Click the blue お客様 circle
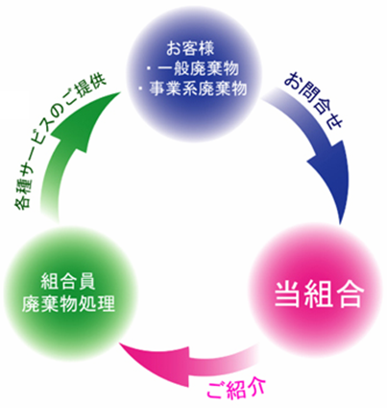point(194,73)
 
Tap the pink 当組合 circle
point(315,291)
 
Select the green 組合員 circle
point(69,291)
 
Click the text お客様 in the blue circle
point(190,49)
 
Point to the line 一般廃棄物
point(199,69)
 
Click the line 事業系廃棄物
point(198,89)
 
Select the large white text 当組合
point(319,294)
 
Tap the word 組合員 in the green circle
point(68,283)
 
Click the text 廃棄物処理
point(68,303)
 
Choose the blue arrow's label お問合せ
point(314,100)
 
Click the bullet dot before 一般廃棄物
point(149,68)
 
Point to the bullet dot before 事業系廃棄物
point(141,88)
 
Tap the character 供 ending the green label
point(98,84)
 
